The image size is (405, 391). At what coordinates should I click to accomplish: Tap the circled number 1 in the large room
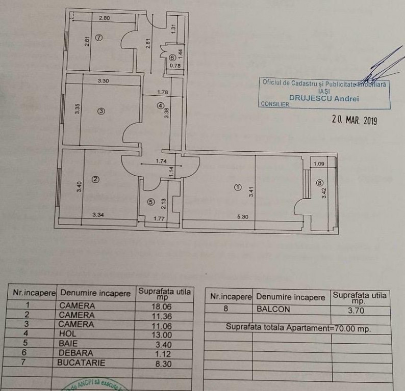237,187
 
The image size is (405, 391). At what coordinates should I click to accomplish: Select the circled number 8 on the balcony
319,183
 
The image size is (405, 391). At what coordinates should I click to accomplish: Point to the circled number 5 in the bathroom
150,202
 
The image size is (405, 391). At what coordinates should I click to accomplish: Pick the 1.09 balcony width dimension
319,164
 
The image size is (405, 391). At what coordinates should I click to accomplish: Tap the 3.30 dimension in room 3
104,80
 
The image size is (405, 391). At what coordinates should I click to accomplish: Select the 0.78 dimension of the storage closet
174,65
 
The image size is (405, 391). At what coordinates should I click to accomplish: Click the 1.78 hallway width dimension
163,92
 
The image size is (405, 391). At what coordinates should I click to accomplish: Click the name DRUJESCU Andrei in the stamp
324,99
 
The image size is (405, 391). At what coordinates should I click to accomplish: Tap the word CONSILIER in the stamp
274,104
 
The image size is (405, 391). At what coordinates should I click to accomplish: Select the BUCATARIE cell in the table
82,363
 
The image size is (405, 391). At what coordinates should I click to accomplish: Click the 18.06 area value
162,306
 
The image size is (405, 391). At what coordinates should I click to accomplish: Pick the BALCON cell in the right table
274,309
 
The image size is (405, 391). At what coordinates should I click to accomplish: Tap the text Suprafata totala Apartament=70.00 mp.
298,328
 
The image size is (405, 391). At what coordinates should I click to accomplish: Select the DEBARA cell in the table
76,353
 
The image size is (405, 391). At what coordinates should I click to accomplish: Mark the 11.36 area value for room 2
162,316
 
